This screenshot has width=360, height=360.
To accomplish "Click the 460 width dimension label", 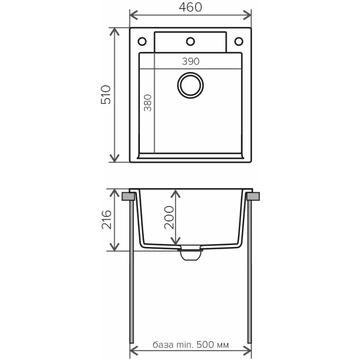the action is (x=190, y=7).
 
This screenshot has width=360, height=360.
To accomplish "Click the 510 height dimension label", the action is (x=106, y=94).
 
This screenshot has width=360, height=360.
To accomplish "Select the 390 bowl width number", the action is (x=190, y=61).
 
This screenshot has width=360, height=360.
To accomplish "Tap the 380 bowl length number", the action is (x=148, y=103).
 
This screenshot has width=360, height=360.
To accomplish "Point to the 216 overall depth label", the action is (x=107, y=220).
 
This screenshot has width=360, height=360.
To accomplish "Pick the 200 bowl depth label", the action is (x=169, y=217).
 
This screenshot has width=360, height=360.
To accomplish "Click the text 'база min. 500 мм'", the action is (x=190, y=345).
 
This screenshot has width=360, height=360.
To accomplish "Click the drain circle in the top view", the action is (x=190, y=85).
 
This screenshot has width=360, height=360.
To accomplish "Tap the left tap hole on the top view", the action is (x=142, y=41).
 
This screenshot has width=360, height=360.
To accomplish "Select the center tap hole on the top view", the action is (x=190, y=41).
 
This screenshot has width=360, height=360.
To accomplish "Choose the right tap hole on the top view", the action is (x=239, y=41).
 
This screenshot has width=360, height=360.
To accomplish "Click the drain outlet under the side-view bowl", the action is (x=190, y=254).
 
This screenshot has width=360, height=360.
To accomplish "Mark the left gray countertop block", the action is (x=128, y=197).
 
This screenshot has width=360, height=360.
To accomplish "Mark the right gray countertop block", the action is (x=253, y=197).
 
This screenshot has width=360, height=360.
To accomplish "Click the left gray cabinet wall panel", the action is (x=131, y=272).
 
